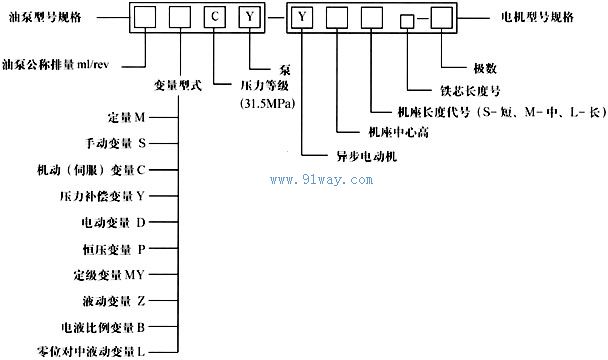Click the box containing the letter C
pyautogui.click(x=218, y=17)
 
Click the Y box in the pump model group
pyautogui.click(x=254, y=17)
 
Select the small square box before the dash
pyautogui.click(x=406, y=21)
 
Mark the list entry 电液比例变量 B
pyautogui.click(x=96, y=326)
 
